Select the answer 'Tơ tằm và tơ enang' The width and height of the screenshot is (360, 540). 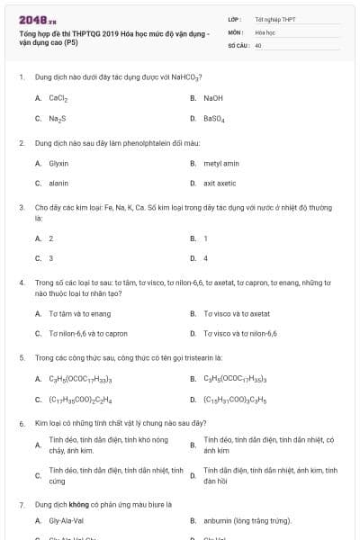click(80, 313)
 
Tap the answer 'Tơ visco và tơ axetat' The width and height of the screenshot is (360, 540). click(237, 313)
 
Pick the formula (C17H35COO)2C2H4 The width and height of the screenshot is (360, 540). click(80, 400)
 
